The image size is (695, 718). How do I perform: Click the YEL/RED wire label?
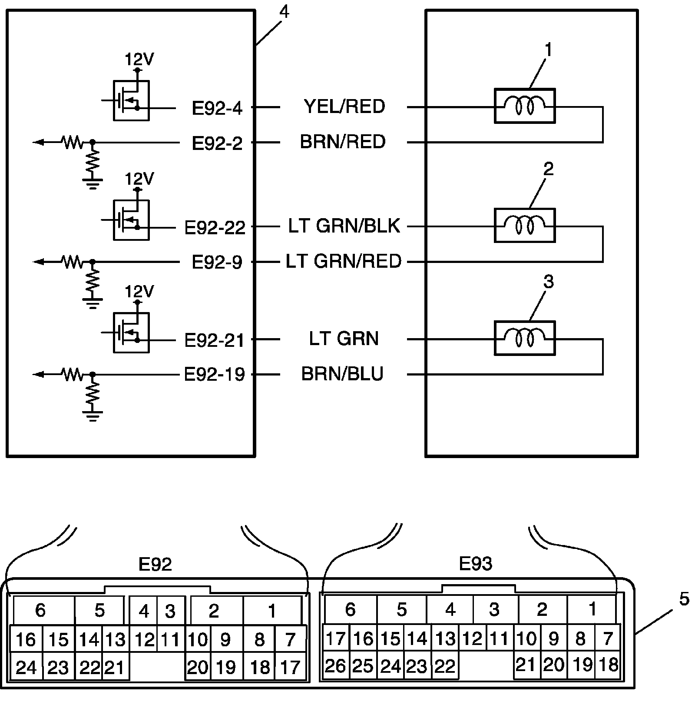344,106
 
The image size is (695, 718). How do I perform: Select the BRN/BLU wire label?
342,374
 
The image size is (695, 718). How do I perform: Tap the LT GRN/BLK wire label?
344,226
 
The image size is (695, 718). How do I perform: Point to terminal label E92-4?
217,108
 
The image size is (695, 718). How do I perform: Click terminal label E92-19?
215,374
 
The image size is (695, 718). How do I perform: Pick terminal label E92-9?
217,262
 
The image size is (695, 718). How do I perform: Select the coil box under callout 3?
525,338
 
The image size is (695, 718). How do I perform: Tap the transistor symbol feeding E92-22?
131,220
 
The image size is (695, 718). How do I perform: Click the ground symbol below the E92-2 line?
93,183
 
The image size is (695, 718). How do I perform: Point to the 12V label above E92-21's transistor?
139,291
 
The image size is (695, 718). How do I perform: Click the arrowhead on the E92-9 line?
39,262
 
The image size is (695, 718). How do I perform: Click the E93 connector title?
476,564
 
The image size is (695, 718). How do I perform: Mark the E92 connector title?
155,564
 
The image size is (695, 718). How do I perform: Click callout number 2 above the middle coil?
549,169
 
